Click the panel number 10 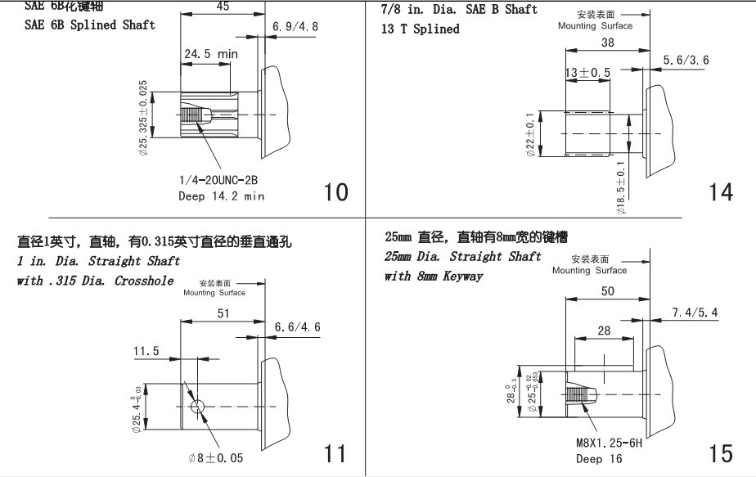336,192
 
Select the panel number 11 335,453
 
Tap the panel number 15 720,453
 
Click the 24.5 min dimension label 210,54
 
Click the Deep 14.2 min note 221,196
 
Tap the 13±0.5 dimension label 587,73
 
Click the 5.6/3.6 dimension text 686,60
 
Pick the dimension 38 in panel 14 606,43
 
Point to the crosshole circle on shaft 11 197,407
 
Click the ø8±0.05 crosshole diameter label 215,458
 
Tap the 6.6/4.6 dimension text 298,327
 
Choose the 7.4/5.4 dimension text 695,313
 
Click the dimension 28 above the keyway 605,330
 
